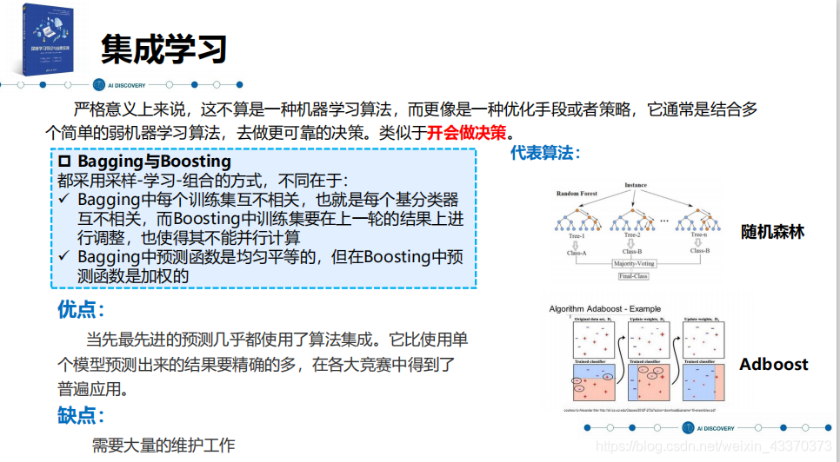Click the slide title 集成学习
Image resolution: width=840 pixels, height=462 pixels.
click(163, 49)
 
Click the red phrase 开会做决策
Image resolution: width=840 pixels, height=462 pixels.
click(465, 133)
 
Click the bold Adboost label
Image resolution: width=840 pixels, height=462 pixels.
click(773, 364)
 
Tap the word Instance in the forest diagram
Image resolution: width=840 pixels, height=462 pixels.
click(637, 186)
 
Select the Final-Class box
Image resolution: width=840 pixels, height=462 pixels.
click(633, 276)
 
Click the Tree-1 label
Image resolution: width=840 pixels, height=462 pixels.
click(577, 235)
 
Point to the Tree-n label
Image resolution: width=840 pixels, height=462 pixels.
click(699, 235)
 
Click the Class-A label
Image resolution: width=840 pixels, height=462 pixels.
click(577, 253)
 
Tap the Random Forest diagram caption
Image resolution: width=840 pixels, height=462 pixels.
click(578, 193)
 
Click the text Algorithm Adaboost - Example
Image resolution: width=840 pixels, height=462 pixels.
click(604, 308)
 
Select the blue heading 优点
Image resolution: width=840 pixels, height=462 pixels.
click(81, 310)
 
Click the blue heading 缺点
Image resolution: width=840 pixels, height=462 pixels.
click(81, 415)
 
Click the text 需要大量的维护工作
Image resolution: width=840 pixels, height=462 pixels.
click(163, 445)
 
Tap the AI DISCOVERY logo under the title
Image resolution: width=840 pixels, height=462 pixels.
click(119, 85)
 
